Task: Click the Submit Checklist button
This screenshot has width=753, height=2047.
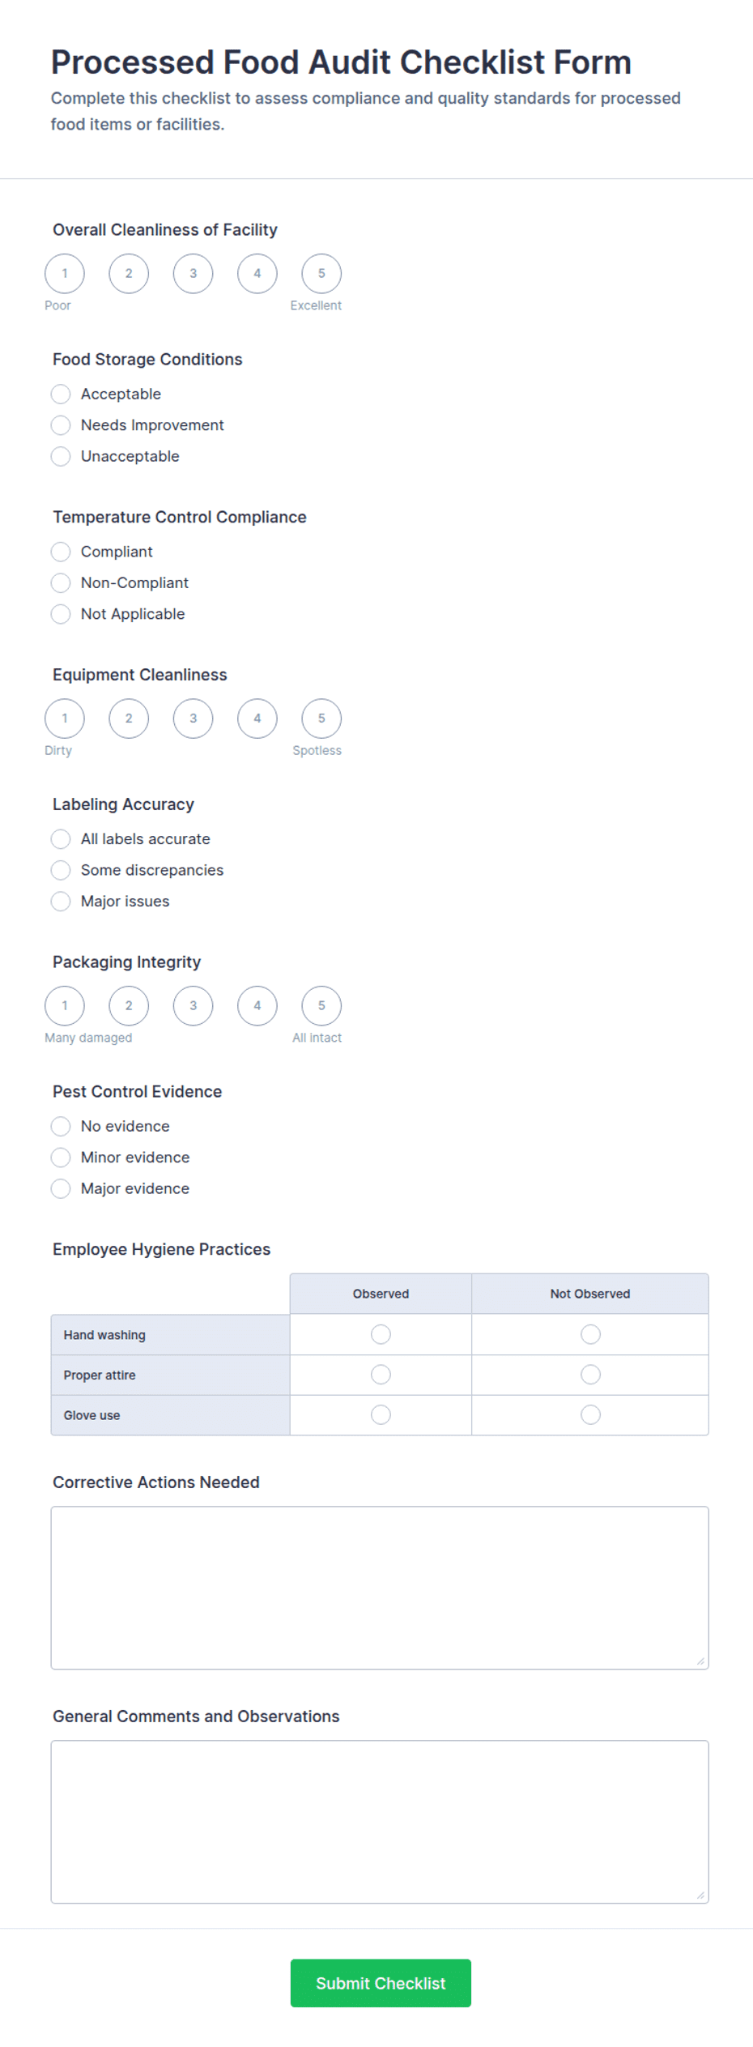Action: point(381,1982)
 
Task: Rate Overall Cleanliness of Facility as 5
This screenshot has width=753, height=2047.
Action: point(321,274)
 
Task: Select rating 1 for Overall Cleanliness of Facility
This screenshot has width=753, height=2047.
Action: point(65,274)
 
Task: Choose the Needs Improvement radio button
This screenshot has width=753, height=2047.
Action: point(61,425)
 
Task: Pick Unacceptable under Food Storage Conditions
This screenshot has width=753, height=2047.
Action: point(61,457)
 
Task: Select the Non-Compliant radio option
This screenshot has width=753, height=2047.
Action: point(61,583)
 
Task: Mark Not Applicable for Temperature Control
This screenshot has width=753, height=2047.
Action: point(61,614)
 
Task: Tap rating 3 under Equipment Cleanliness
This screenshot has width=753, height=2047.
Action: point(193,719)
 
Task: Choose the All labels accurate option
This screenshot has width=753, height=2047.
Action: point(61,839)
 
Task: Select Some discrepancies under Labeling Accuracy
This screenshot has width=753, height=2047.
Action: point(61,870)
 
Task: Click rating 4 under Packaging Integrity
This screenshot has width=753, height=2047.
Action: point(257,1006)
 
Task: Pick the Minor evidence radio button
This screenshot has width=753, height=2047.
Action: point(61,1158)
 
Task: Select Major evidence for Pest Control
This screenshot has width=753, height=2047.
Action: point(61,1188)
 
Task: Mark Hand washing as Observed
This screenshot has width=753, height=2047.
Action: point(381,1334)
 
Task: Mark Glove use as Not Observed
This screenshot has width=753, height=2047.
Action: point(590,1414)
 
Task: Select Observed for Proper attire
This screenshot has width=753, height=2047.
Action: point(381,1375)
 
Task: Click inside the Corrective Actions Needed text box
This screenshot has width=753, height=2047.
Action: point(379,1587)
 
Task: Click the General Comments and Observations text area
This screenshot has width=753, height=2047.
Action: point(379,1821)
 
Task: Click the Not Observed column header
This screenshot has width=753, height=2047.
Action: point(589,1294)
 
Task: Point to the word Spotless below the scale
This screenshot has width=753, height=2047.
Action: point(317,751)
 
